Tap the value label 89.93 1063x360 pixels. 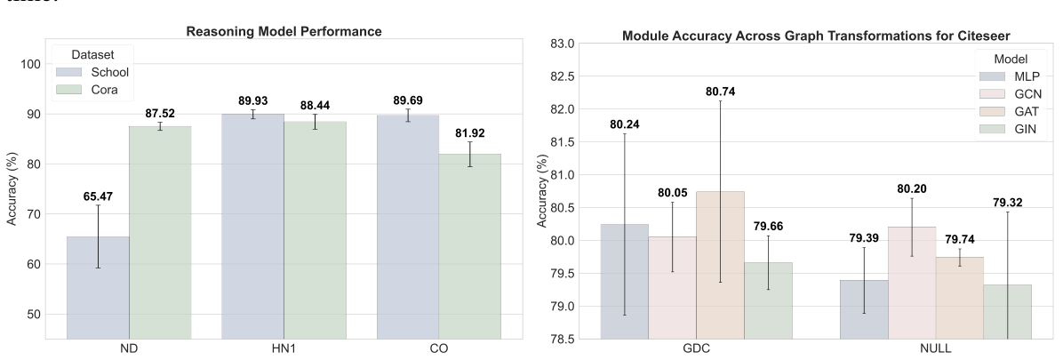coord(253,100)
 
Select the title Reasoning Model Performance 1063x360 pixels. coord(284,32)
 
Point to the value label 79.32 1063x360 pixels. coord(1008,203)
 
